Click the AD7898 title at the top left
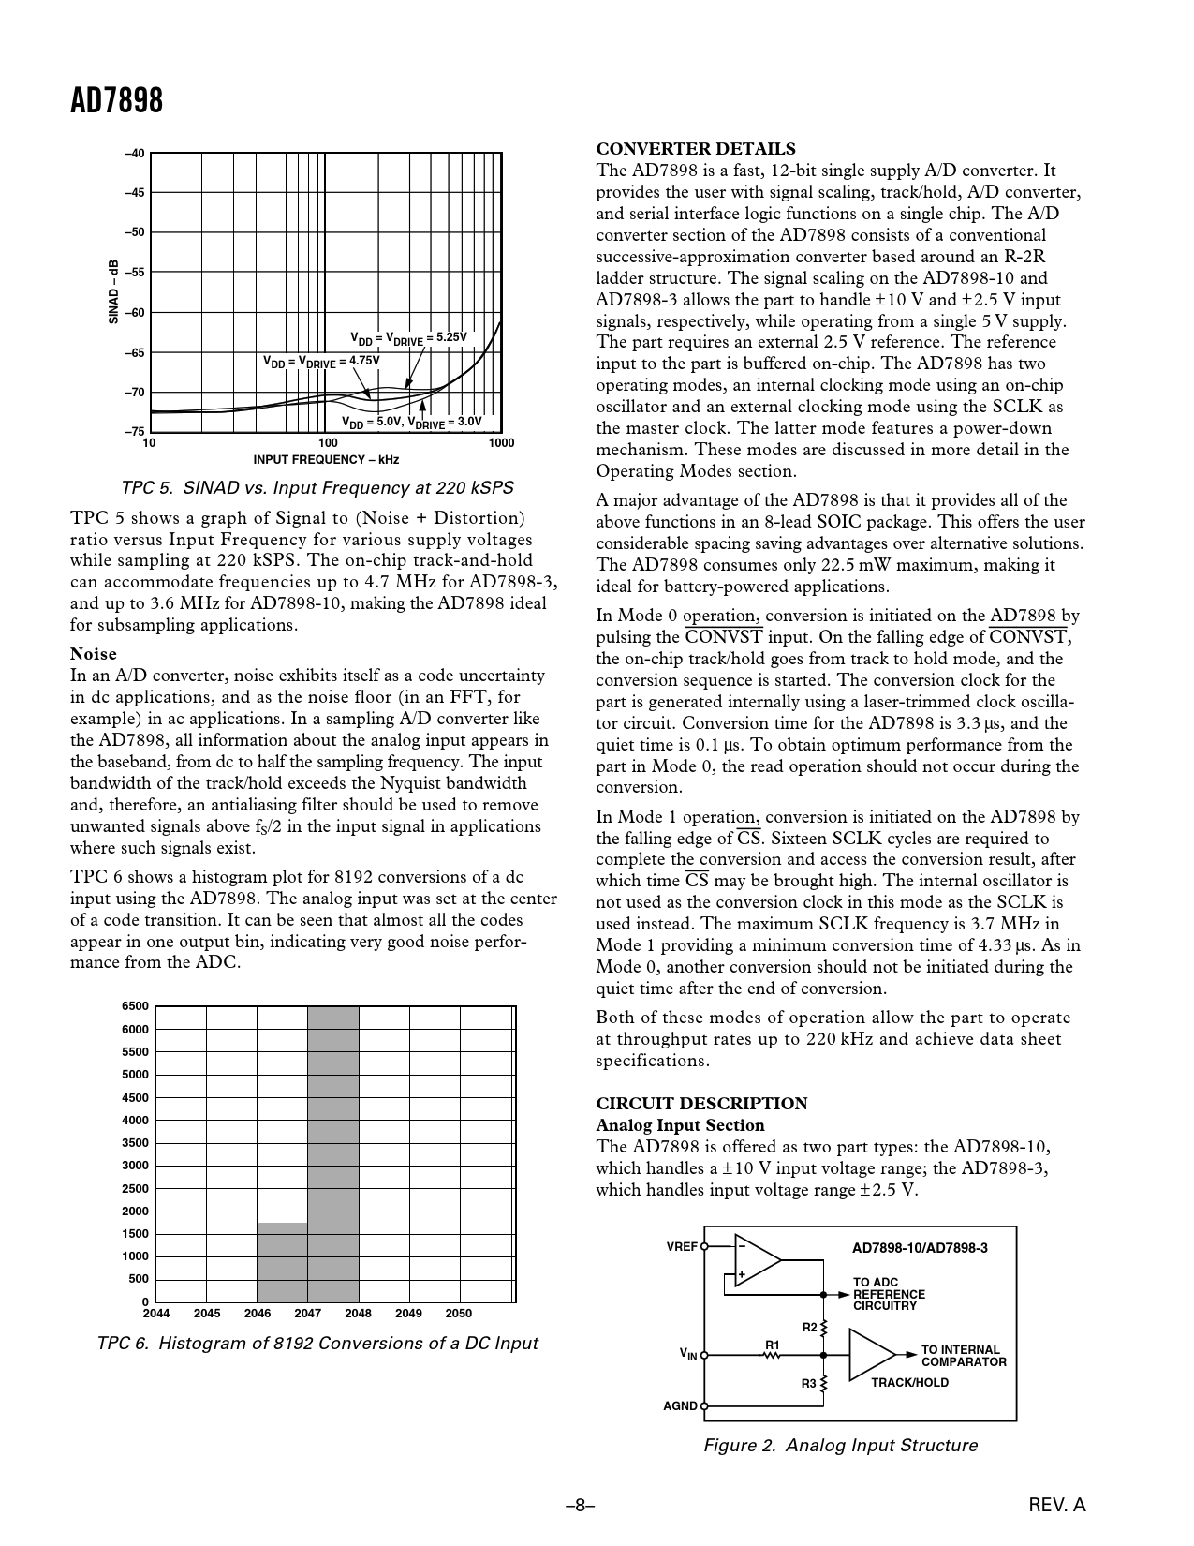pyautogui.click(x=117, y=100)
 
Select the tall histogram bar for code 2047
pyautogui.click(x=333, y=1152)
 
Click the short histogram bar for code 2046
pyautogui.click(x=283, y=1261)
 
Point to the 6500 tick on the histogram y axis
pyautogui.click(x=136, y=1006)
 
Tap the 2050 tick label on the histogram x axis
pyautogui.click(x=459, y=1314)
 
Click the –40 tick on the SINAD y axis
pyautogui.click(x=136, y=153)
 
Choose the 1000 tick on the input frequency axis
pyautogui.click(x=501, y=442)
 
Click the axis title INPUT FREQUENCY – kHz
pyautogui.click(x=326, y=460)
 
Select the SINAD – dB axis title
pyautogui.click(x=113, y=292)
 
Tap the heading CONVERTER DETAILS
pyautogui.click(x=696, y=149)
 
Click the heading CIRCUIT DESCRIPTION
pyautogui.click(x=701, y=1104)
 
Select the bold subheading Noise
pyautogui.click(x=94, y=654)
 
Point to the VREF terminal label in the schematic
pyautogui.click(x=682, y=1247)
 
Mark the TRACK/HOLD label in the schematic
pyautogui.click(x=909, y=1383)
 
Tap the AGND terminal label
pyautogui.click(x=681, y=1406)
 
